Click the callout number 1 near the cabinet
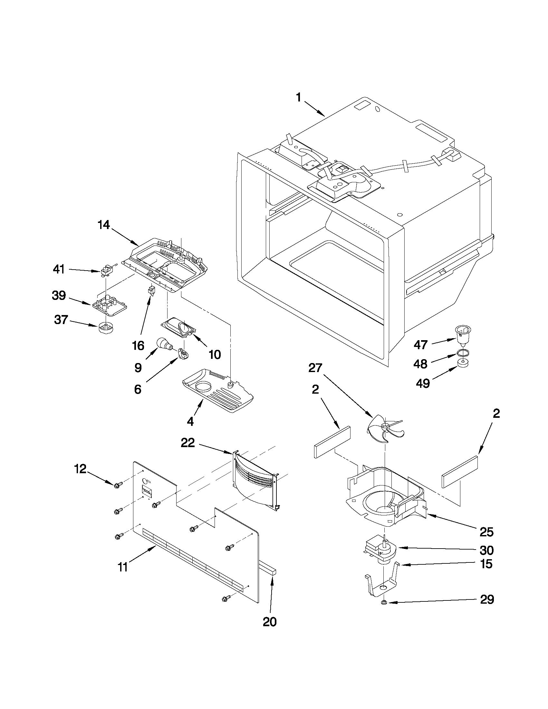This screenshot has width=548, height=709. (298, 97)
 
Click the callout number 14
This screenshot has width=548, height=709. (104, 225)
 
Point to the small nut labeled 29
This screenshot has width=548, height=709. (384, 602)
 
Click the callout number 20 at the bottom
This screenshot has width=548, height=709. (269, 621)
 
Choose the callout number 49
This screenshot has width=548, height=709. (423, 383)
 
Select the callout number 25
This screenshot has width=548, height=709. (486, 532)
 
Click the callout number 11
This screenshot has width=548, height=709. (122, 567)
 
